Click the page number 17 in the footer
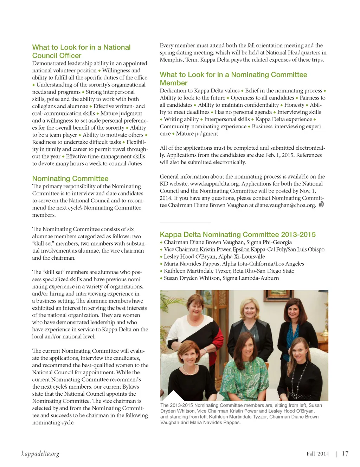pos(345,454)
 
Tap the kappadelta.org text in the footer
pos(40,454)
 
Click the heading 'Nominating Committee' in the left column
pos(70,179)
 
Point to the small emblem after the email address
pos(321,204)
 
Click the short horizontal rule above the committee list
pos(185,222)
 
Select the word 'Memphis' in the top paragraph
pos(172,60)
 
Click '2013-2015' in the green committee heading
pos(298,234)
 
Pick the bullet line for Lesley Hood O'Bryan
pos(214,257)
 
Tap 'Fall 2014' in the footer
pos(317,454)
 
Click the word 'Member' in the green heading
pos(174,83)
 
